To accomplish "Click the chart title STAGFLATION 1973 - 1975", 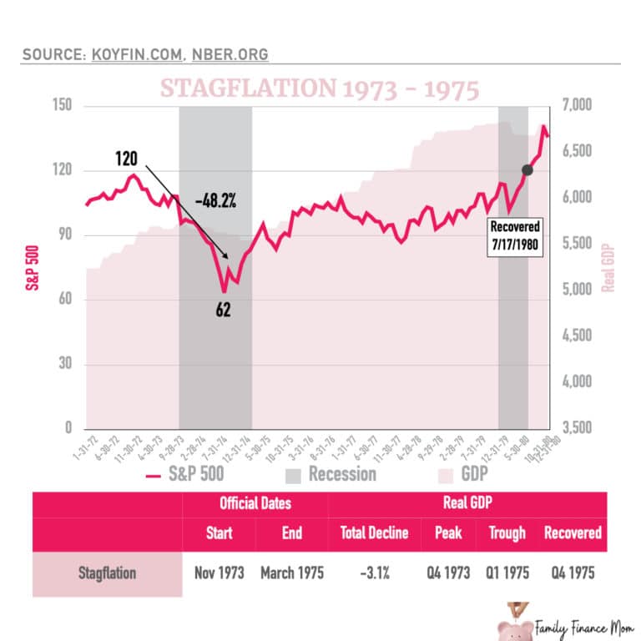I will (x=320, y=89).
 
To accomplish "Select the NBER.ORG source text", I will (x=232, y=55).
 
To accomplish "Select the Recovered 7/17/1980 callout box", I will (x=515, y=238).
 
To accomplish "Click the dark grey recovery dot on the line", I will (x=527, y=170).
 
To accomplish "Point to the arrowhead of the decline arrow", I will (x=228, y=257).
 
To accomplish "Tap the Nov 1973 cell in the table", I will (x=219, y=573).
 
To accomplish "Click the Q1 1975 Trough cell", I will (x=507, y=573).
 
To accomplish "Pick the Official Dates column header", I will (x=255, y=504).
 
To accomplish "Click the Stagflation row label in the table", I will (x=107, y=573).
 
